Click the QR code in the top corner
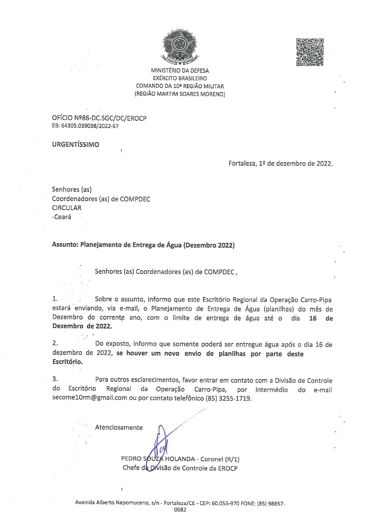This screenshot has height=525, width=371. click(x=310, y=52)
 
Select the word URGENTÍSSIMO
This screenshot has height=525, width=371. click(x=75, y=145)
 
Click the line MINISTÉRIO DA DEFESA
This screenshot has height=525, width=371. click(x=180, y=71)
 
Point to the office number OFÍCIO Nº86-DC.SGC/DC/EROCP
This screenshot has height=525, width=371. click(x=99, y=118)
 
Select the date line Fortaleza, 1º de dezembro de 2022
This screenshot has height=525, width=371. click(x=280, y=163)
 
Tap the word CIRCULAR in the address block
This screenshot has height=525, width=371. click(x=67, y=208)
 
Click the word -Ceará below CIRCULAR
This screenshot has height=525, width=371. click(x=62, y=217)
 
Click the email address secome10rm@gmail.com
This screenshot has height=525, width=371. click(x=90, y=398)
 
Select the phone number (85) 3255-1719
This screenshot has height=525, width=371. click(x=228, y=398)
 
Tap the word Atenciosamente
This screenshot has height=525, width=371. click(x=119, y=427)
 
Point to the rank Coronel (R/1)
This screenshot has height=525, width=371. click(x=220, y=459)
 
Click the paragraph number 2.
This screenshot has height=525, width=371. click(x=55, y=344)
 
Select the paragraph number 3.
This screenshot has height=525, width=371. click(x=55, y=379)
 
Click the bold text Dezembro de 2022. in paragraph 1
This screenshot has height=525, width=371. click(x=82, y=326)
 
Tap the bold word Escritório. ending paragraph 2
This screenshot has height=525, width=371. click(x=67, y=362)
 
